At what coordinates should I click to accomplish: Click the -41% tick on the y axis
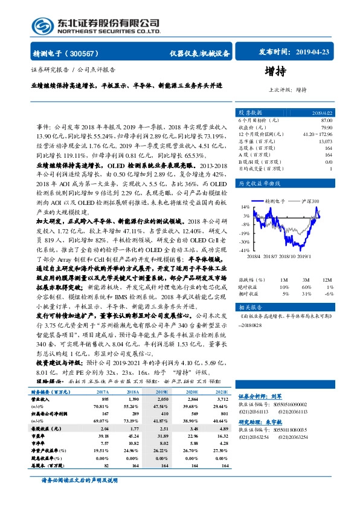tap(245, 250)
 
